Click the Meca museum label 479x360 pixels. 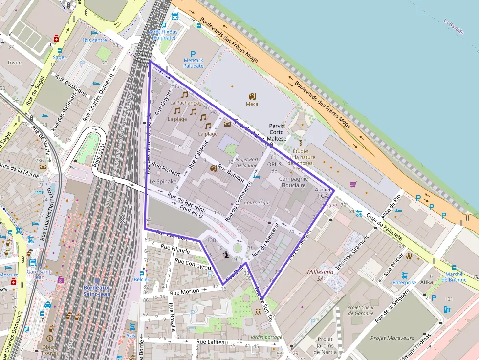point(252,104)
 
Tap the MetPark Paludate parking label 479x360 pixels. point(194,63)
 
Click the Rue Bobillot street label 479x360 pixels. point(231,173)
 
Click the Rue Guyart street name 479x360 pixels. point(164,102)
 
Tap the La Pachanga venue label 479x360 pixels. point(184,103)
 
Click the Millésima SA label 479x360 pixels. point(321,275)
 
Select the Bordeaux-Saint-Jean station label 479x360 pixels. point(97,291)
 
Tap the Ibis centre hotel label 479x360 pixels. point(95,40)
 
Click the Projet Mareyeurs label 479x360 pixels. point(392,338)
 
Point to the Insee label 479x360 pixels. point(15,63)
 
